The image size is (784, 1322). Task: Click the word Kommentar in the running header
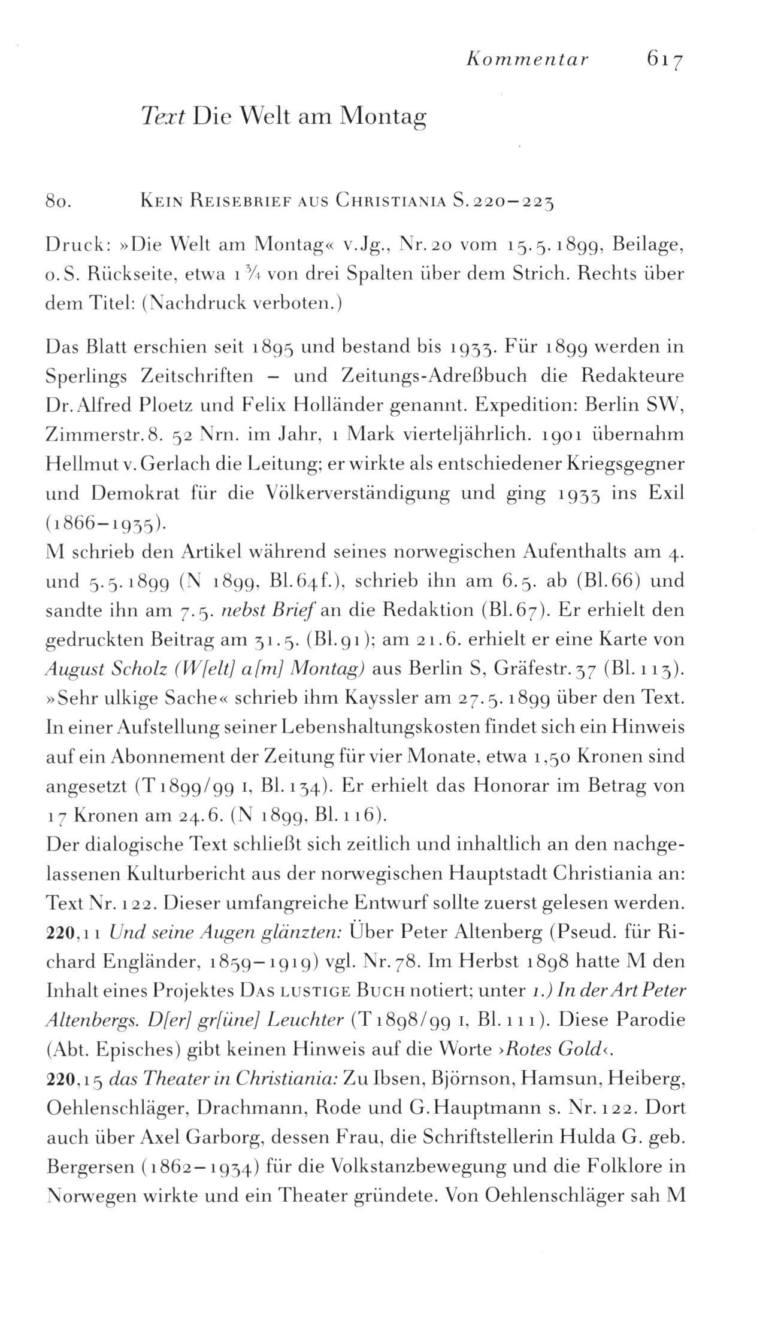(x=528, y=60)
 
